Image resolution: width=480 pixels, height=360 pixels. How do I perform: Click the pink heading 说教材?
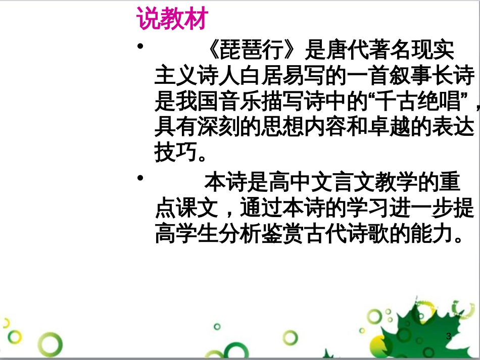(172, 21)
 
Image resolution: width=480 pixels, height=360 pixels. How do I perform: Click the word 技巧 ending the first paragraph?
(174, 153)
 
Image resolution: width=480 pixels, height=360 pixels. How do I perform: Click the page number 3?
(448, 336)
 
